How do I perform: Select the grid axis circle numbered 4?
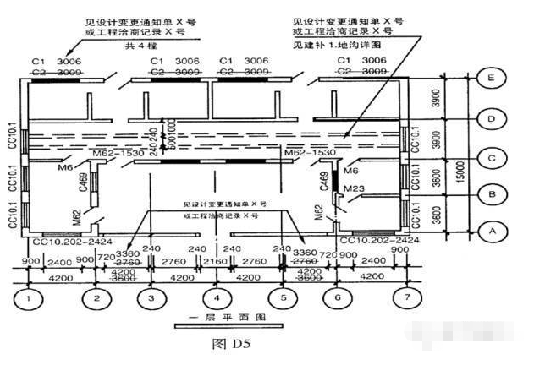click(x=217, y=298)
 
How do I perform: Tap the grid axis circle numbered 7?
click(x=408, y=298)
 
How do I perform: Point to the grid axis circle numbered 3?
click(x=151, y=298)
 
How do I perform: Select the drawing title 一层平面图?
click(x=218, y=324)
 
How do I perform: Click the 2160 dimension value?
click(x=217, y=262)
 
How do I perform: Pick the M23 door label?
click(x=353, y=188)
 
